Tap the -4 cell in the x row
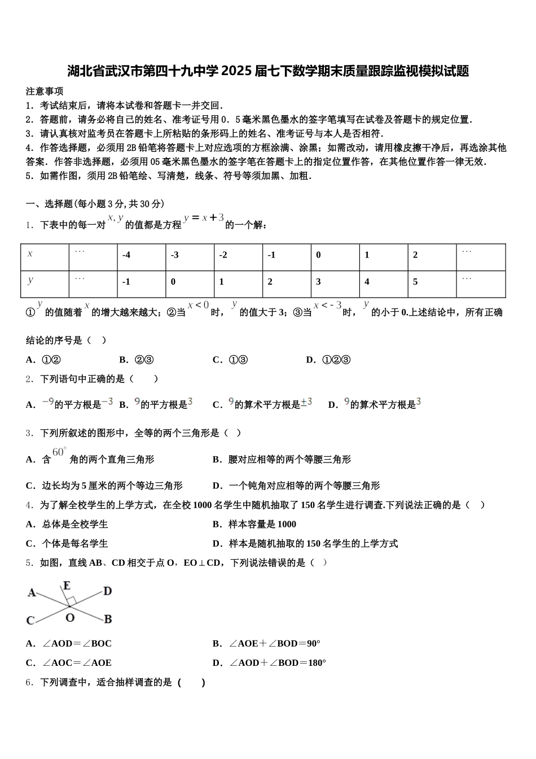click(126, 255)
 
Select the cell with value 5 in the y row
click(415, 282)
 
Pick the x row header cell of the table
click(30, 254)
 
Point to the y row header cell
click(30, 281)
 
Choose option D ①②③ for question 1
click(328, 360)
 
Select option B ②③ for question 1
click(137, 360)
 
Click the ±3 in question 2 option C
click(306, 403)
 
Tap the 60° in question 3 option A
click(59, 452)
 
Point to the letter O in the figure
click(69, 618)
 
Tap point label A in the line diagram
click(32, 592)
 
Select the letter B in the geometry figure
click(108, 619)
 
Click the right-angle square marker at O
click(72, 600)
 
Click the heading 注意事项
click(45, 91)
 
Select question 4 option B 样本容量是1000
click(254, 524)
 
